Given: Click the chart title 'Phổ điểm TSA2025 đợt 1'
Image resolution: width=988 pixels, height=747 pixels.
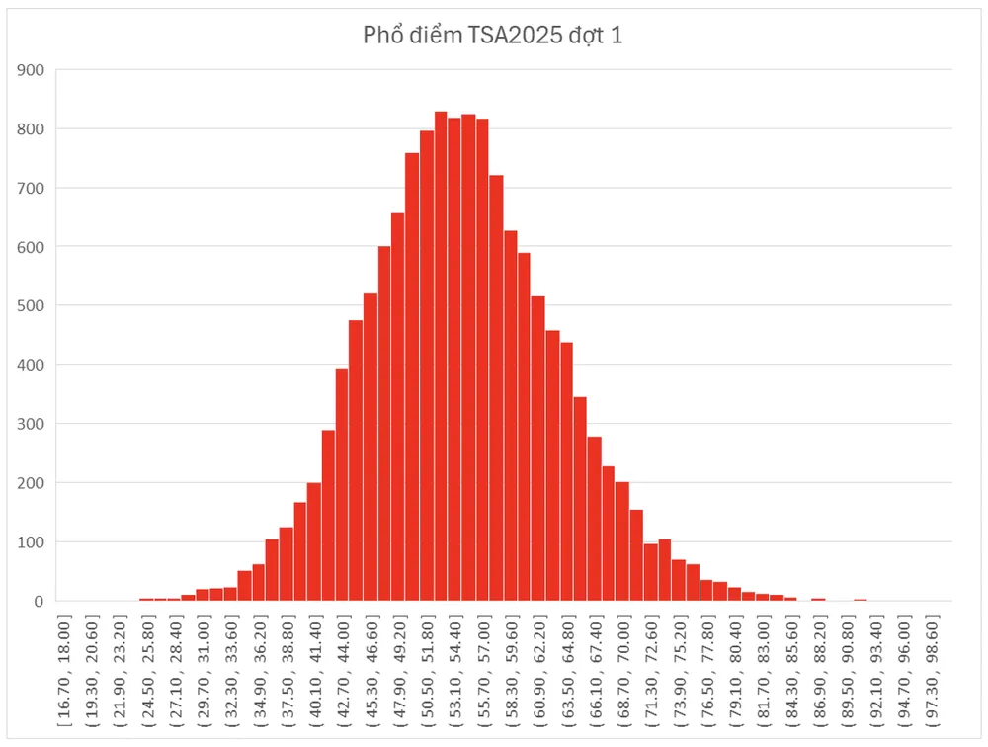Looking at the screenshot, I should click(493, 37).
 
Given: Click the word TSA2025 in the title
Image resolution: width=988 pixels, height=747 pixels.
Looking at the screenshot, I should click(509, 37).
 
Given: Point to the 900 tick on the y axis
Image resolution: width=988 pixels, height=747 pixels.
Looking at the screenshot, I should click(31, 70).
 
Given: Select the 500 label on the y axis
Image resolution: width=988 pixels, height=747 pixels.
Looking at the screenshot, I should click(31, 306).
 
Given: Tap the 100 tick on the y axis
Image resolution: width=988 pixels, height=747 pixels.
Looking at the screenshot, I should click(31, 542).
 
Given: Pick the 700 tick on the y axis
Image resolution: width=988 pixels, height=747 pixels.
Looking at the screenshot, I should click(31, 188).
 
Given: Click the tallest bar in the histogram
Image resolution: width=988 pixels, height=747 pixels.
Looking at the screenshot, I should click(441, 356).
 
